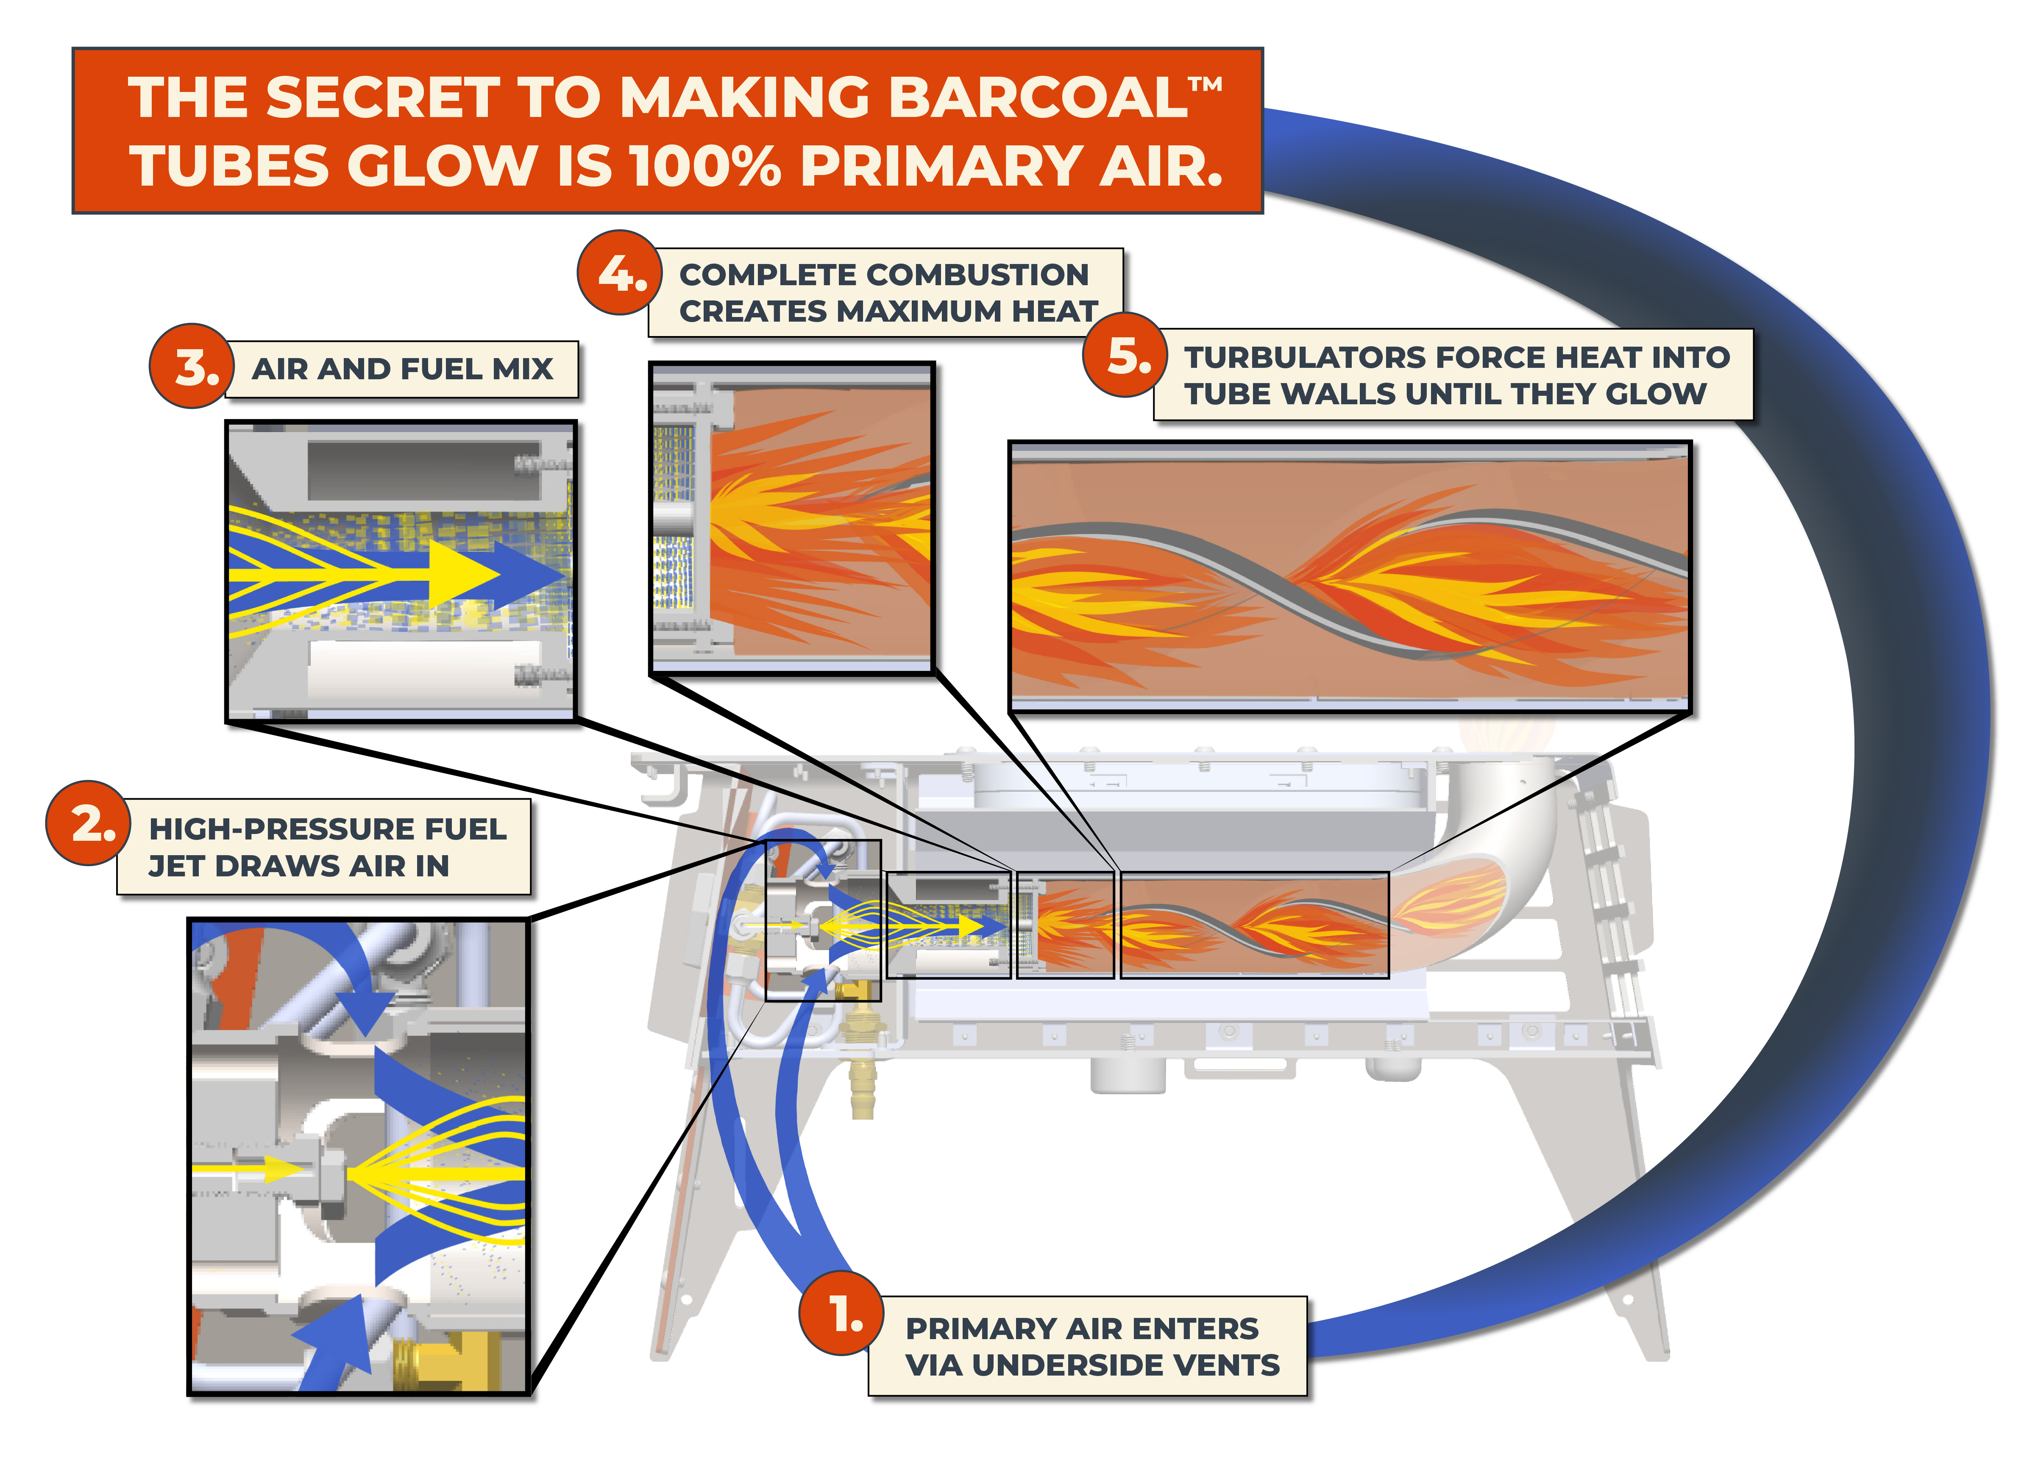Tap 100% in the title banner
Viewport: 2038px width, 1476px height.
[x=705, y=167]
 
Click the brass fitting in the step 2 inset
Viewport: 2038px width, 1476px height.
[x=458, y=1361]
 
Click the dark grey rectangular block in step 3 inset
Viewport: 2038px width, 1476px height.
[x=422, y=469]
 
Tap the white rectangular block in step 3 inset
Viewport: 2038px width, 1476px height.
[x=422, y=669]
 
